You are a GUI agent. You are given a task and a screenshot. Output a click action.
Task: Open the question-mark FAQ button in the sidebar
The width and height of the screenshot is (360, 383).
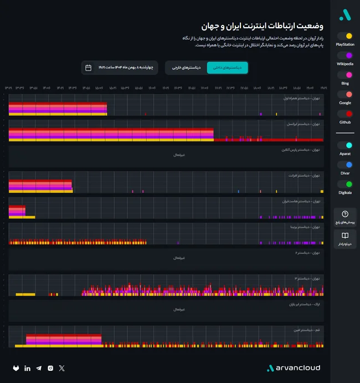345,217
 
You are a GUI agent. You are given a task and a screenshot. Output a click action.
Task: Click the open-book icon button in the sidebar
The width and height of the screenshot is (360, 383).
345,239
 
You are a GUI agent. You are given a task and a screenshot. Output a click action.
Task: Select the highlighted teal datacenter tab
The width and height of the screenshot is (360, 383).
227,68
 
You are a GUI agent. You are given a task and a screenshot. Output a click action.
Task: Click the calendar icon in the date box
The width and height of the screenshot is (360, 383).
88,68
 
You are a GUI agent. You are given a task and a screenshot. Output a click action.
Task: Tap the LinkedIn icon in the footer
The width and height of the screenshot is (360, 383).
28,368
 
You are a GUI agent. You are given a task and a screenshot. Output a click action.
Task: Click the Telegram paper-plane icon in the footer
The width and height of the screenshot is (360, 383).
39,368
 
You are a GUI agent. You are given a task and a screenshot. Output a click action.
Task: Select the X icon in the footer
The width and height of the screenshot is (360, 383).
61,368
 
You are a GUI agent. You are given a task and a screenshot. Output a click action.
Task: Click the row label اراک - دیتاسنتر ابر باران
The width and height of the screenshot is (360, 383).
300,304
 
